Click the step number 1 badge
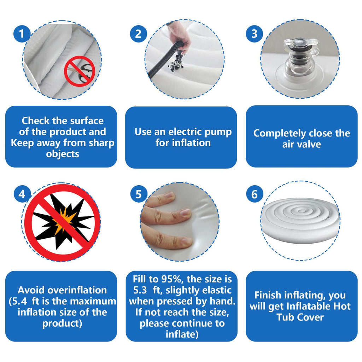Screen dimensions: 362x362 [x=22, y=34]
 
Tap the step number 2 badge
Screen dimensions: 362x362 [x=138, y=34]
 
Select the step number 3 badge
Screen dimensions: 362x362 [x=255, y=34]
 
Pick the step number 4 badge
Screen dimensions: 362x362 [x=22, y=194]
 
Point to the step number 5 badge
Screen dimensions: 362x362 [x=139, y=194]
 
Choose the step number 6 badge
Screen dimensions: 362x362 [x=255, y=194]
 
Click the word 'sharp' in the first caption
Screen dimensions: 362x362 [x=101, y=143]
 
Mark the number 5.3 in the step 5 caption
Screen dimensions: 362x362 [x=140, y=291]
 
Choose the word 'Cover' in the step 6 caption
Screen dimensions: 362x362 [x=311, y=317]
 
